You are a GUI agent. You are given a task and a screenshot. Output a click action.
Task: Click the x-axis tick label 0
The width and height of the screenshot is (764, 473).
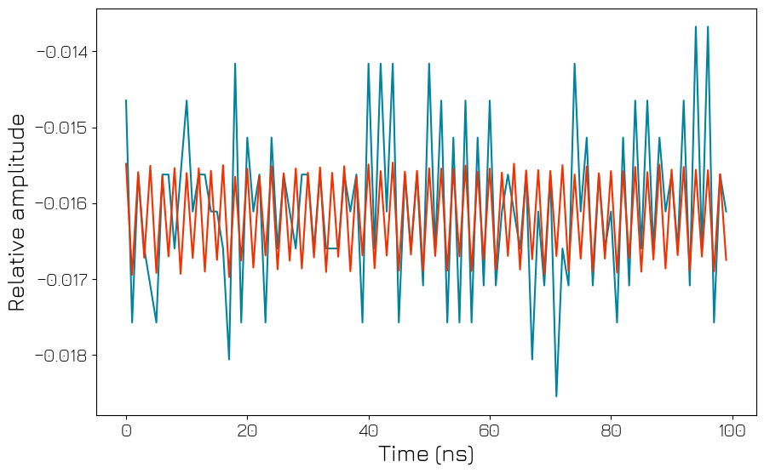click(x=126, y=430)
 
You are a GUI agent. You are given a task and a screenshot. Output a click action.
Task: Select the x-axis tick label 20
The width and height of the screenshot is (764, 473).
click(x=247, y=430)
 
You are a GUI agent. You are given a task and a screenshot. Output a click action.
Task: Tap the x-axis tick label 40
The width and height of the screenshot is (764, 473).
click(x=369, y=430)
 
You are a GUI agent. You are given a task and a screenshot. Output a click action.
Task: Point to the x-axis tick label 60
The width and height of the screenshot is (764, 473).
click(x=490, y=430)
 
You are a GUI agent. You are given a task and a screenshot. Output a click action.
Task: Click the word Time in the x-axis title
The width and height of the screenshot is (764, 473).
click(x=403, y=454)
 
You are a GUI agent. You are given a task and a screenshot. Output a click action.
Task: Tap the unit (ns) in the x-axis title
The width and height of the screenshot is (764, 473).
click(x=453, y=454)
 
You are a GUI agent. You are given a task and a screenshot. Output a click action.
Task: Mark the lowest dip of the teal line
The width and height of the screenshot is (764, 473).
click(x=556, y=396)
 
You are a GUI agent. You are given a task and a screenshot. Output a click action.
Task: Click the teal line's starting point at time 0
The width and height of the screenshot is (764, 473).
click(x=126, y=100)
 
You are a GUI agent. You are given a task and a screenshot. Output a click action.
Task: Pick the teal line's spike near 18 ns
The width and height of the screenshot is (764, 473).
click(x=235, y=64)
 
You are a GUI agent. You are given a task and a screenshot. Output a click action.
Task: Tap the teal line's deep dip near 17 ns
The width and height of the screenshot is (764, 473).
click(x=229, y=359)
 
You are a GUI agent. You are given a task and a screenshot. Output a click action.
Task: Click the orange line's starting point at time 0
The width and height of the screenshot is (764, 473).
click(x=126, y=164)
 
